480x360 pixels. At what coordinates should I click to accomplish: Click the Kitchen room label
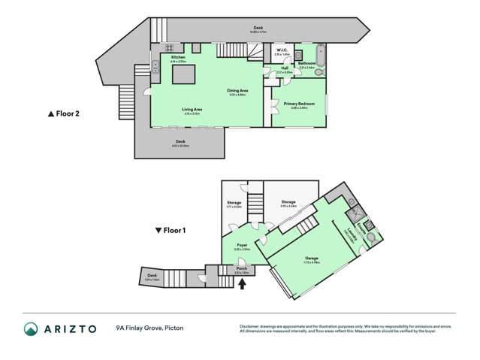point(178,57)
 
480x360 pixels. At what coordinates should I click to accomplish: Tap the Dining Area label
point(238,91)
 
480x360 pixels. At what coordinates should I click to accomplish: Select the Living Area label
point(192,110)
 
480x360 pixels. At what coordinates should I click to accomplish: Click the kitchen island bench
point(182,76)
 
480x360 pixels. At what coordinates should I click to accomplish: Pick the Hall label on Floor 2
point(285,68)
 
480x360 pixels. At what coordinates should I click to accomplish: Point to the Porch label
point(242,268)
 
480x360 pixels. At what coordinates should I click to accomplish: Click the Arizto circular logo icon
point(32,328)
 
